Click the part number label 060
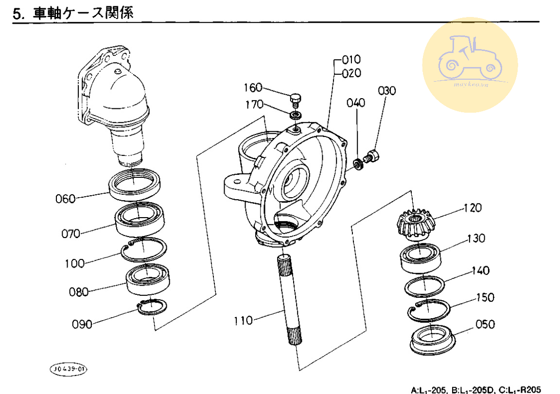[x=66, y=199]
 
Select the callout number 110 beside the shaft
[x=243, y=321]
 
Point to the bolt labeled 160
[x=295, y=100]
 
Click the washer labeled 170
[x=295, y=115]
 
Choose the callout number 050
[x=486, y=325]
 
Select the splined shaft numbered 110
[x=287, y=301]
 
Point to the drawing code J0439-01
[x=69, y=370]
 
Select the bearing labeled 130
[x=421, y=257]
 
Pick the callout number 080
[x=79, y=292]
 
